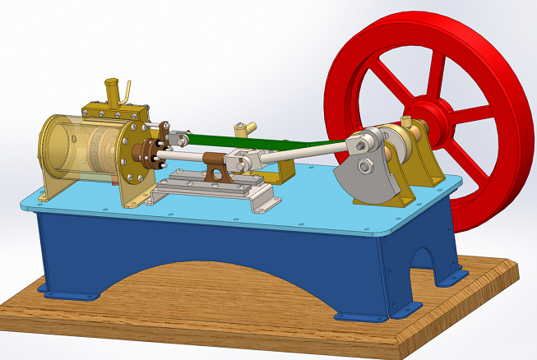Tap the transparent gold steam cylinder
[82, 148]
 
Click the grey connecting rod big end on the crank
[363, 143]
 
